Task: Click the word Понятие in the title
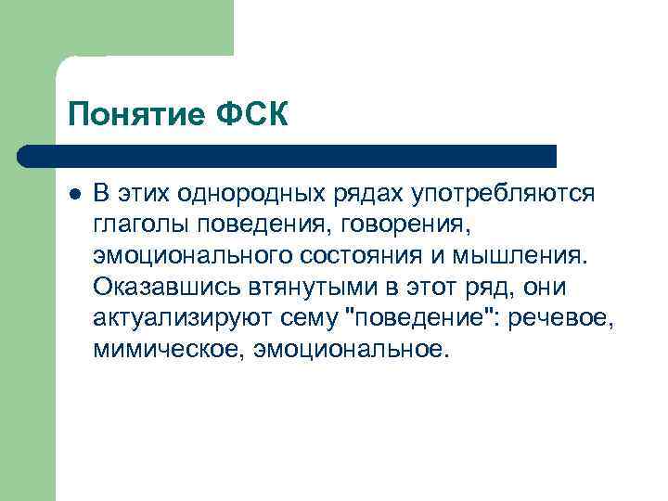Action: click(x=132, y=115)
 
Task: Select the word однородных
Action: click(x=254, y=193)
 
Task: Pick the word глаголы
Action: click(x=136, y=225)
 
